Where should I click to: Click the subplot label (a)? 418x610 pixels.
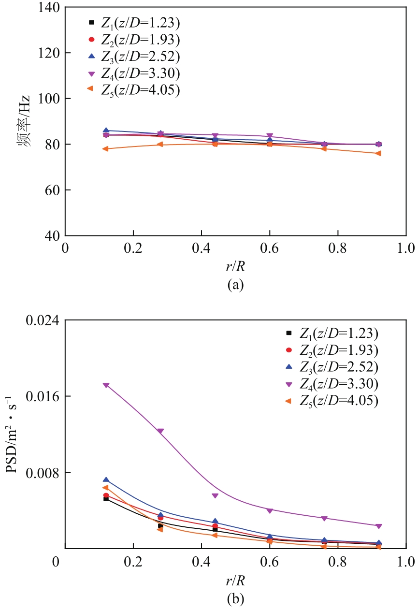click(x=235, y=285)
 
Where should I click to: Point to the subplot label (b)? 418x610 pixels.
click(x=235, y=599)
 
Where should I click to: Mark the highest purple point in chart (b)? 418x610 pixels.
click(x=106, y=385)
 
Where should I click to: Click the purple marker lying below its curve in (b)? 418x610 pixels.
click(x=215, y=496)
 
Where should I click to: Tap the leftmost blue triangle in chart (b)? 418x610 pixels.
click(x=106, y=479)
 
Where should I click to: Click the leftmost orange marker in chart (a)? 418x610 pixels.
click(x=105, y=149)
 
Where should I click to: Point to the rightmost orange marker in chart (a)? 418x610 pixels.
click(x=378, y=154)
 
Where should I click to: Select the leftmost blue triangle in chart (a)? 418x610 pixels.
click(x=106, y=131)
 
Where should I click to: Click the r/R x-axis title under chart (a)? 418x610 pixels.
click(x=235, y=264)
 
